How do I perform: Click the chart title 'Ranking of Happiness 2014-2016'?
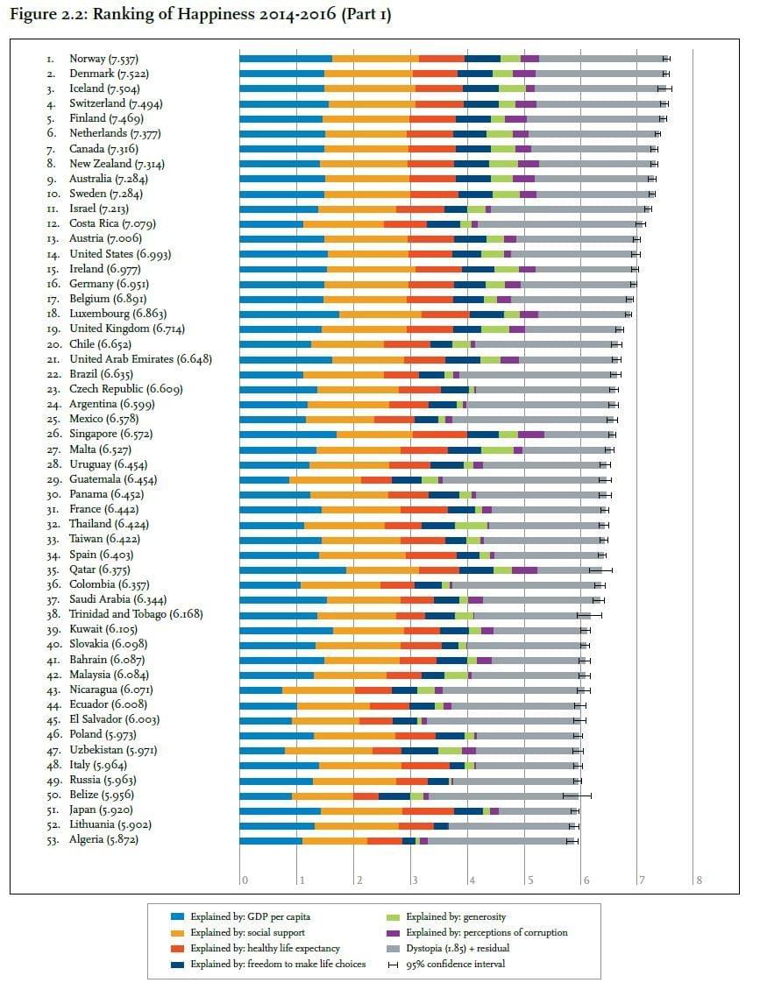pos(214,15)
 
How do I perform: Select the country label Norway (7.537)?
pos(103,59)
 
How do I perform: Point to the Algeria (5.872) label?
pos(103,840)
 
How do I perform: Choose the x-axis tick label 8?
pos(700,880)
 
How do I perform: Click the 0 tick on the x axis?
pos(245,880)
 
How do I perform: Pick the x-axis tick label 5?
pos(529,880)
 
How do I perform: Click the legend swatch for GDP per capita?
pos(177,917)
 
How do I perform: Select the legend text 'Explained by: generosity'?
pos(456,917)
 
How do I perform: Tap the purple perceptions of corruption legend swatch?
pos(393,933)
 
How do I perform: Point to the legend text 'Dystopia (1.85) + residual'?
pos(458,948)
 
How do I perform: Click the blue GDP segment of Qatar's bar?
pos(293,569)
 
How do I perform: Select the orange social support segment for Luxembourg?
pos(380,315)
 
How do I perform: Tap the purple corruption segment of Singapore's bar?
pos(531,435)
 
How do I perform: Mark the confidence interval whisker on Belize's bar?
pos(577,795)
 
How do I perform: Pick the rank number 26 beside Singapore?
pos(54,435)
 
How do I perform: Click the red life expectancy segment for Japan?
pos(428,810)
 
